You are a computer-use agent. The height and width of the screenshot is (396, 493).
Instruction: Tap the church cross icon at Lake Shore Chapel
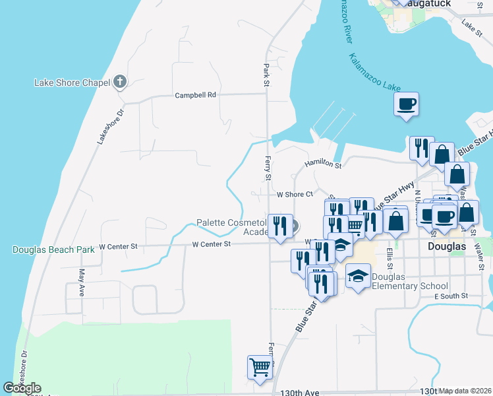(x=119, y=82)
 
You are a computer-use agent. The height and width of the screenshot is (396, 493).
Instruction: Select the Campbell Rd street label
(x=195, y=95)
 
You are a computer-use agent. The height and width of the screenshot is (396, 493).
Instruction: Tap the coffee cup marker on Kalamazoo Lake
(x=406, y=104)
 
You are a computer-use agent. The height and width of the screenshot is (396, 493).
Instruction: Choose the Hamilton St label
(x=322, y=164)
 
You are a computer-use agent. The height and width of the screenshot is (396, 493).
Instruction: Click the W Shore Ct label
(x=294, y=195)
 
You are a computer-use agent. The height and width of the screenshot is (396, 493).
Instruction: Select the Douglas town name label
(x=447, y=246)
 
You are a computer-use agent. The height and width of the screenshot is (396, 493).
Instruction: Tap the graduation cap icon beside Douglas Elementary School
(x=358, y=276)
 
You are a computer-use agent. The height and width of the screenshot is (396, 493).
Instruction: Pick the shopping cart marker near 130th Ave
(x=260, y=367)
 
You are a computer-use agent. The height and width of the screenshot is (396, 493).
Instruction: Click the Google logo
(x=22, y=388)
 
